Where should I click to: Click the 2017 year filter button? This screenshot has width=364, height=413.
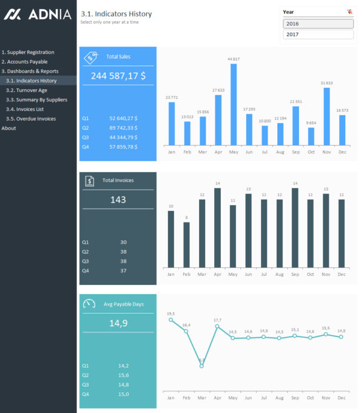[318, 35]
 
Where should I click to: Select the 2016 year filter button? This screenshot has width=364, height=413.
[318, 24]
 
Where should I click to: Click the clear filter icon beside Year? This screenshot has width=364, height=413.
[349, 12]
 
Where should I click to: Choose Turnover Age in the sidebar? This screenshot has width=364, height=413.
[27, 90]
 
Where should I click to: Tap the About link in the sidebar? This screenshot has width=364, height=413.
[9, 128]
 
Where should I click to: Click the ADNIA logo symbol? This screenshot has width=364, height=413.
[12, 14]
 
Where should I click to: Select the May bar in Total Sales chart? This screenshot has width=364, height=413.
[234, 104]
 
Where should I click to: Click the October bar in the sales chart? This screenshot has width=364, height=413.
[311, 136]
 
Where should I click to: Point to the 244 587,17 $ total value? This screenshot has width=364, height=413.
[118, 76]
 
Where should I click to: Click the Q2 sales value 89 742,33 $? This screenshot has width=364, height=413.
[123, 128]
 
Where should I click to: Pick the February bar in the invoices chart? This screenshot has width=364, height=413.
[186, 244]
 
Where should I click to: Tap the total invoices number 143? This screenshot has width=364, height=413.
[118, 200]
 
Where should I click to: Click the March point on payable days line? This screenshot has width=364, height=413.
[202, 366]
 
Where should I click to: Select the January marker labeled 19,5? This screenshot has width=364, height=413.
[171, 320]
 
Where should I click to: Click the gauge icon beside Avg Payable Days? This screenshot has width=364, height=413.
[89, 304]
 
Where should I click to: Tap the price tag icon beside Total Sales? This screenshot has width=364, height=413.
[90, 57]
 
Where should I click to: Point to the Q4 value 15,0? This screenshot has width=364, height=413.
[123, 394]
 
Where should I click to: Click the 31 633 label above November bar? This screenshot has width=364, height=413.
[326, 82]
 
